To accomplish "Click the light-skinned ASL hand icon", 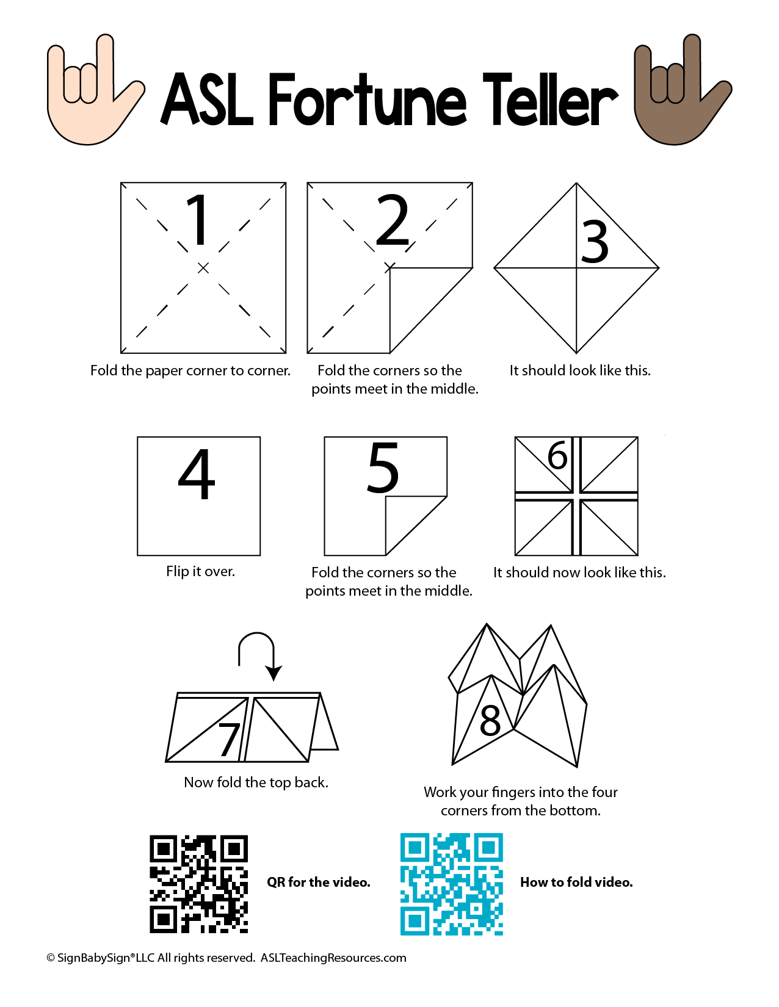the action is point(93,93).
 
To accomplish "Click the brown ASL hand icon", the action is point(681,93).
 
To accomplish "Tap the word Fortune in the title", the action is point(367,99).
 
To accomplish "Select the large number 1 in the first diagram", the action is point(198,220).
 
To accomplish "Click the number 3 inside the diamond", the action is point(595,242).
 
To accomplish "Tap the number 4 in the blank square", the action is point(197,474).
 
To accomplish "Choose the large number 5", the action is point(383,467).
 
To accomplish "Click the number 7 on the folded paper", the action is point(229,739).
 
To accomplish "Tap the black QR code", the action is point(198,884).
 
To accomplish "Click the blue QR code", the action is point(451,884).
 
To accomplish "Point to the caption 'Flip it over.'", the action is point(201,571).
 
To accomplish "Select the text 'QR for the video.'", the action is point(319,882).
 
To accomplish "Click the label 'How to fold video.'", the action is point(576,882).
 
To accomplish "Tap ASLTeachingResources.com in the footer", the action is point(333,958).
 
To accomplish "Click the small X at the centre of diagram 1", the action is point(203,268).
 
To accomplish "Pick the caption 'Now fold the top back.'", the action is point(256,782).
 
